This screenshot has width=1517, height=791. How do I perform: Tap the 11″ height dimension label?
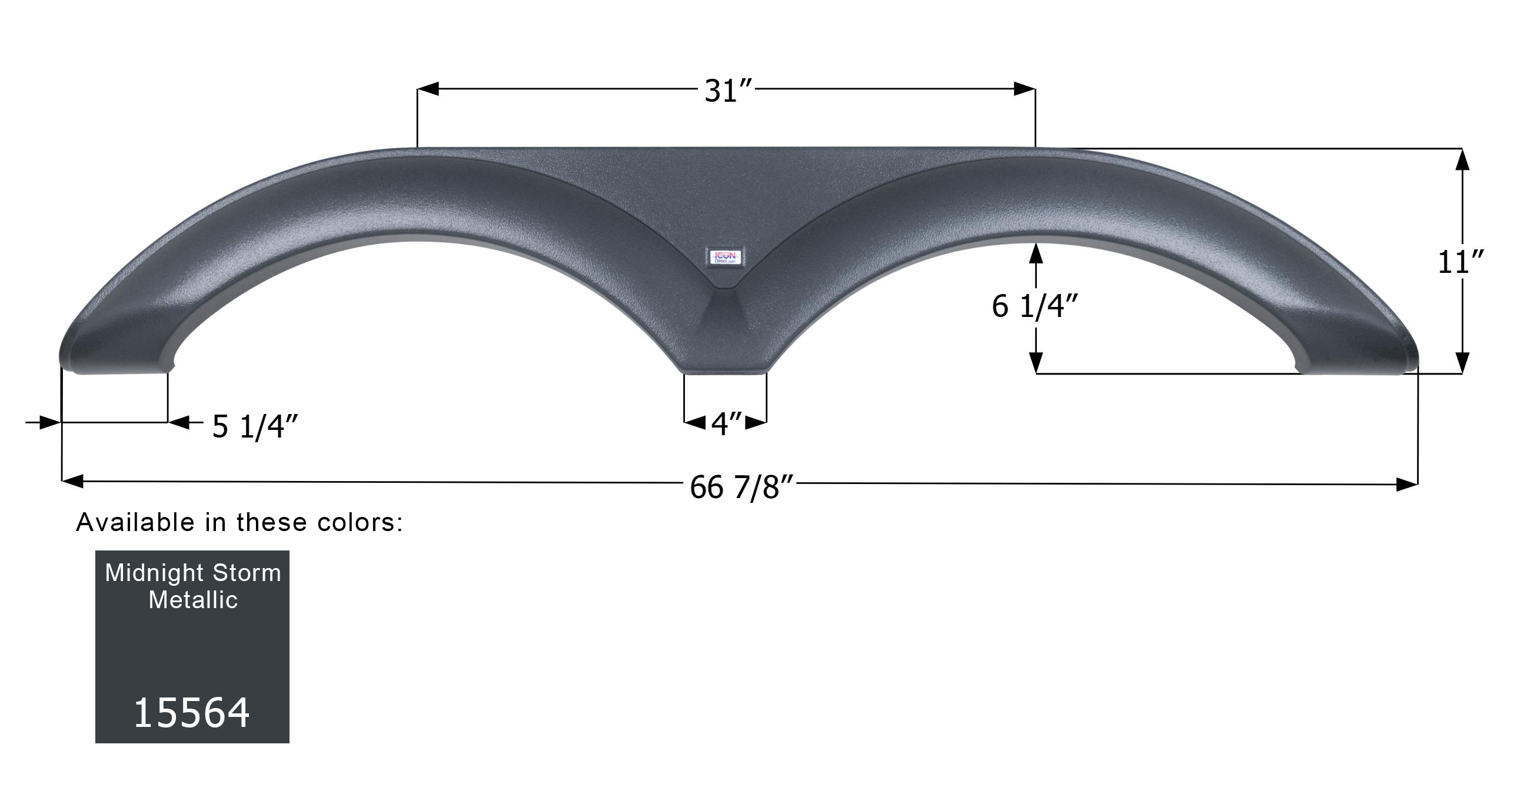(1461, 262)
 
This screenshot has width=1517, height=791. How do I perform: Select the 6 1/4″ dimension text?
(1034, 306)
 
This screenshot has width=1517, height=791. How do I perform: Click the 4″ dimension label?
(726, 424)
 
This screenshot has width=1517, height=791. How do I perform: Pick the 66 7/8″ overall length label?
(742, 488)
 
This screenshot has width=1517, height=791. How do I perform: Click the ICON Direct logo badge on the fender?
(725, 256)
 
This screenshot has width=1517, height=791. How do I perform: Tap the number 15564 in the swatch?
(192, 713)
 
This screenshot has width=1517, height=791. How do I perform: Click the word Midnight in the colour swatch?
(154, 573)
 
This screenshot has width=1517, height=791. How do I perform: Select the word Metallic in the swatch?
(192, 600)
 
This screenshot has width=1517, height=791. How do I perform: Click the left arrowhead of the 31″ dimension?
(428, 89)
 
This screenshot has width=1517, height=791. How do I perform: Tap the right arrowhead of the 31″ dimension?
(1025, 89)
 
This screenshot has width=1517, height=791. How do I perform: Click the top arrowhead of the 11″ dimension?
(1462, 159)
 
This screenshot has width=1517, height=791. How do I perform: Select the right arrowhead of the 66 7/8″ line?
(1408, 485)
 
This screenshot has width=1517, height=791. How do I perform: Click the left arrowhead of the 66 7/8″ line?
(72, 482)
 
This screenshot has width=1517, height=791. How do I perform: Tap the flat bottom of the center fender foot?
(725, 371)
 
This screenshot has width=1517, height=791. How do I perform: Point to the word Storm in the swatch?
(247, 573)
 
